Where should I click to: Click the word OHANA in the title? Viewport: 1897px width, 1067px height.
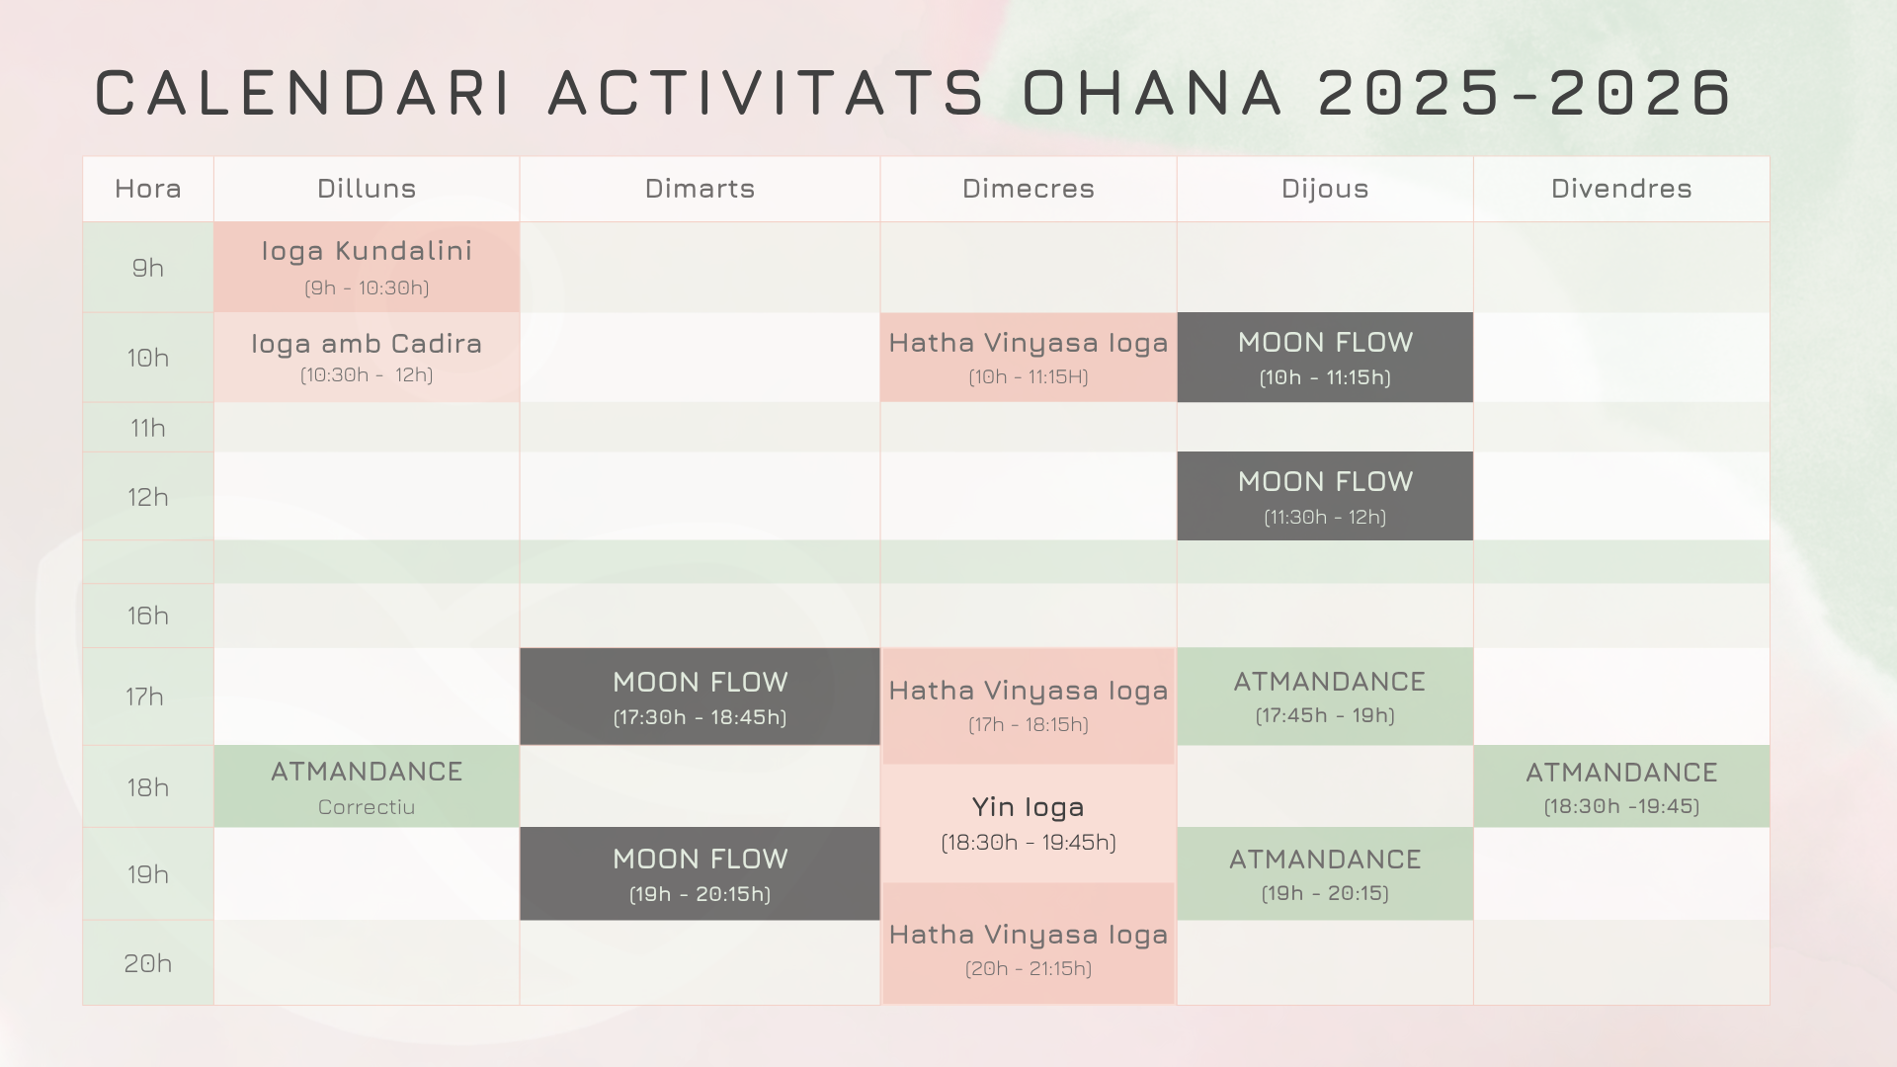pyautogui.click(x=1152, y=93)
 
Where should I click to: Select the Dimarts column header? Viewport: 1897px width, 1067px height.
pyautogui.click(x=700, y=189)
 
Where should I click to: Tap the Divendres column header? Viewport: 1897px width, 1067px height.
pyautogui.click(x=1621, y=189)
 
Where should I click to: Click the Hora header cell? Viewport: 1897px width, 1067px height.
pyautogui.click(x=148, y=189)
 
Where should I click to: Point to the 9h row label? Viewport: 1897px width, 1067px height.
pyautogui.click(x=148, y=268)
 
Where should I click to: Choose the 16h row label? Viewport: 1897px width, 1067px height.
pyautogui.click(x=148, y=616)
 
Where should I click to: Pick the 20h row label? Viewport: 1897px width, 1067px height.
pyautogui.click(x=148, y=963)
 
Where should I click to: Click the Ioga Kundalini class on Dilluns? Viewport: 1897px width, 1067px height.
pyautogui.click(x=367, y=267)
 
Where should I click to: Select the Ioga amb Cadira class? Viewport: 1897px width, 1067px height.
pyautogui.click(x=367, y=358)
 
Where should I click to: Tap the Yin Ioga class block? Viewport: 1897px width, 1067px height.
pyautogui.click(x=1029, y=823)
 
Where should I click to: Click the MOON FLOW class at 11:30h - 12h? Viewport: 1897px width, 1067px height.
pyautogui.click(x=1325, y=496)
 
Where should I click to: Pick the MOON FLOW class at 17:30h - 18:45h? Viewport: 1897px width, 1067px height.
pyautogui.click(x=700, y=697)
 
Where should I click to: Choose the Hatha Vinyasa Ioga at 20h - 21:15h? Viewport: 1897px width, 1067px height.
pyautogui.click(x=1029, y=944)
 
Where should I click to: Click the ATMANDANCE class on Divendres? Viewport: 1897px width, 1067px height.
pyautogui.click(x=1621, y=786)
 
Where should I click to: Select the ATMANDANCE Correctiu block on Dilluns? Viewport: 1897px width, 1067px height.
pyautogui.click(x=367, y=786)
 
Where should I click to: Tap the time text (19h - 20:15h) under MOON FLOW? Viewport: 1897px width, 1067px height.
pyautogui.click(x=700, y=894)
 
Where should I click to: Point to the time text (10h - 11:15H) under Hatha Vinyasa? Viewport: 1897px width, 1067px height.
pyautogui.click(x=1029, y=376)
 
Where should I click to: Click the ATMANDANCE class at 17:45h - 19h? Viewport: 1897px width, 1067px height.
pyautogui.click(x=1325, y=697)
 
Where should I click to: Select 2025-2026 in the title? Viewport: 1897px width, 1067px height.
pyautogui.click(x=1525, y=93)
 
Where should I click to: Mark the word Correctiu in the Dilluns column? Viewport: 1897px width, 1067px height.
pyautogui.click(x=367, y=807)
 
